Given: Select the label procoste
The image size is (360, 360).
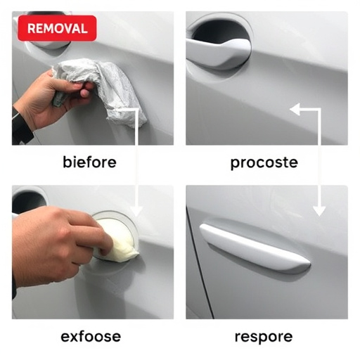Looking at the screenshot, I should (x=264, y=162).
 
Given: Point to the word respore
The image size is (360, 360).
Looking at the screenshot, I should (x=264, y=336).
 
